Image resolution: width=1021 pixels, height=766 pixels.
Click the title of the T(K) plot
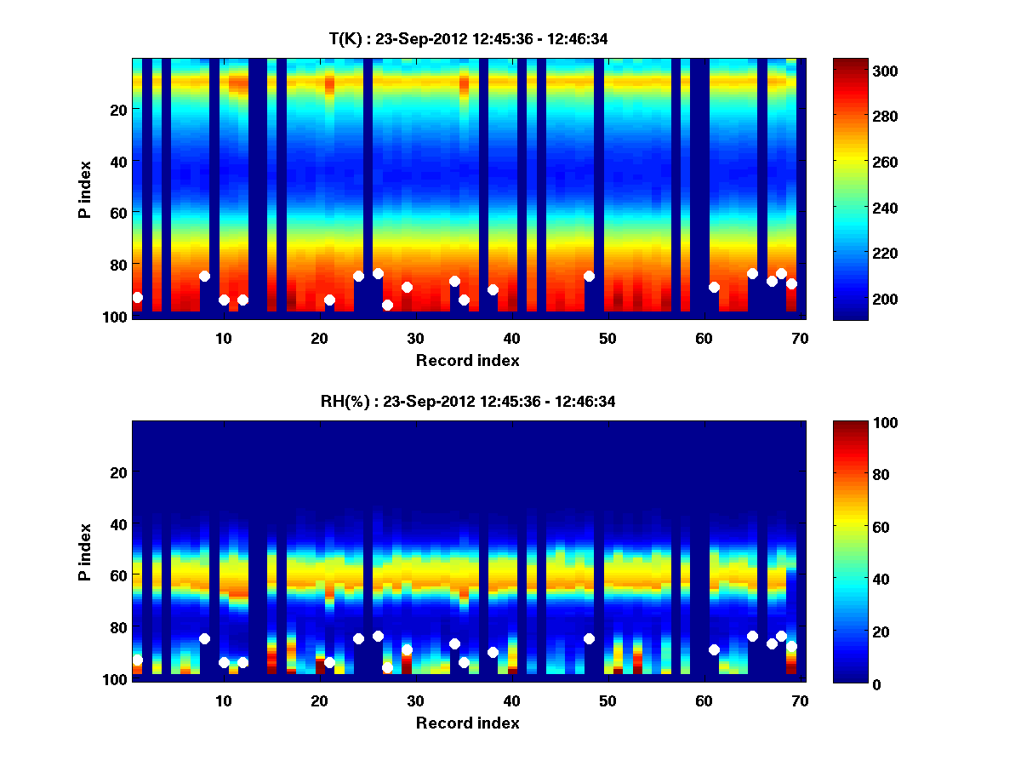tap(468, 38)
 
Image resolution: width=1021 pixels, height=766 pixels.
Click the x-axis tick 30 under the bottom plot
tap(415, 700)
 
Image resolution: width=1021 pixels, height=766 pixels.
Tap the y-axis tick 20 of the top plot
tap(117, 110)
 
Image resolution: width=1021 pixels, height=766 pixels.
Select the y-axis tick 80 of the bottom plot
tap(117, 627)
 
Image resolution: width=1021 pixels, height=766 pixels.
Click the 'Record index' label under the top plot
tap(467, 360)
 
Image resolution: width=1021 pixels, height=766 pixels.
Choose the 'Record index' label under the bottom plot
tap(467, 723)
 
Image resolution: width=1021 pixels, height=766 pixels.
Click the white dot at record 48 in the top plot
tap(589, 276)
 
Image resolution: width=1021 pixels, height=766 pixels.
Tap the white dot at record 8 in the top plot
tap(204, 276)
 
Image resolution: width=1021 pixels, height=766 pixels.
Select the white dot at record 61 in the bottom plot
tap(714, 649)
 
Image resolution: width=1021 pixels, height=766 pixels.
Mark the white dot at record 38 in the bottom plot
tap(493, 652)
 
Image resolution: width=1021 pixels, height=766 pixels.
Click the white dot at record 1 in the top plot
tap(137, 297)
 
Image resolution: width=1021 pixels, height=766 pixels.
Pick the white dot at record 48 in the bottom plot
tap(589, 638)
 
